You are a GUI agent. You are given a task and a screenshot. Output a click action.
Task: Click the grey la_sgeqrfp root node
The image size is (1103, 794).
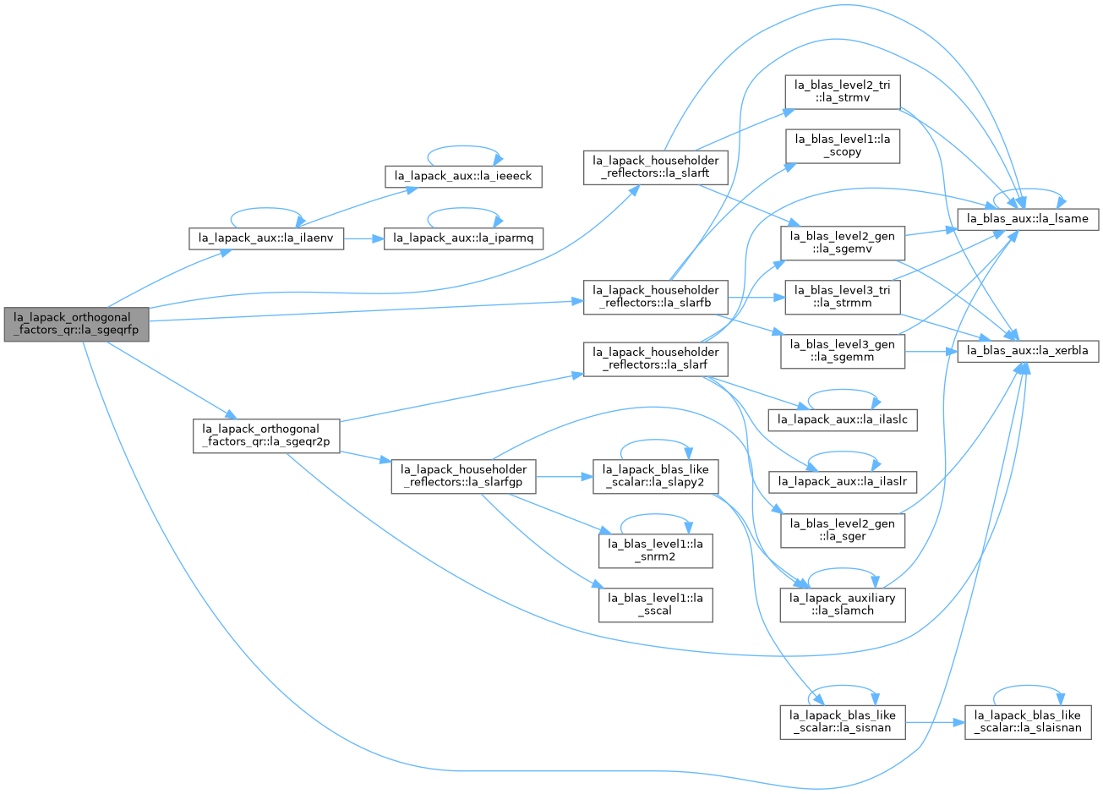(76, 324)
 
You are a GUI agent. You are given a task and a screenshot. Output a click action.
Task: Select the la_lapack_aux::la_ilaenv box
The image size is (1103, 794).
(266, 238)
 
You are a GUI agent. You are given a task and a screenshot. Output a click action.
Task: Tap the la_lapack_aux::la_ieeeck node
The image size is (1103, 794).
(463, 177)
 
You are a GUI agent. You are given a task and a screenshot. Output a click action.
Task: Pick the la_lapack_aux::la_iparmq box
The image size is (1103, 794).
(463, 238)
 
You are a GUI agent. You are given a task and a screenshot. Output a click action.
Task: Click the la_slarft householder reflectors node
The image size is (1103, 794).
(655, 167)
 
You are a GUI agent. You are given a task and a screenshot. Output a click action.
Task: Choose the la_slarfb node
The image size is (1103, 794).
(655, 297)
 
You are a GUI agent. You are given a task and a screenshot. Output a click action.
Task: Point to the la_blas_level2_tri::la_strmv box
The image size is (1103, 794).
(843, 91)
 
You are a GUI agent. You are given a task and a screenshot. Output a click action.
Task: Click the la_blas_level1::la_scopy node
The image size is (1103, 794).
(843, 145)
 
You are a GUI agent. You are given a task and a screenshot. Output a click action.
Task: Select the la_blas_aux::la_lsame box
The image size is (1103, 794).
(1028, 219)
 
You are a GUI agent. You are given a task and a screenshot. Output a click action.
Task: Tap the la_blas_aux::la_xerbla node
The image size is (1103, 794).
(1028, 351)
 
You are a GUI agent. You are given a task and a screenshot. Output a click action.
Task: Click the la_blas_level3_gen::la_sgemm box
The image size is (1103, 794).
(843, 351)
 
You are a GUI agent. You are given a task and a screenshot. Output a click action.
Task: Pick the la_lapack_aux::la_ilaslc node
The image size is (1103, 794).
(843, 419)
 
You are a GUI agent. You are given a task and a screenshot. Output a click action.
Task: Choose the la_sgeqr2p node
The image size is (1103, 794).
(266, 436)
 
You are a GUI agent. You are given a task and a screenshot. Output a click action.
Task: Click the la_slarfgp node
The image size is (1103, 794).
(463, 476)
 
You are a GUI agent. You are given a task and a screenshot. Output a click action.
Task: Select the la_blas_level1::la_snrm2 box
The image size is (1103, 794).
(655, 550)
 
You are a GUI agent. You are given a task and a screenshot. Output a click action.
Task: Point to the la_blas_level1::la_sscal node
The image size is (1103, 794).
(655, 605)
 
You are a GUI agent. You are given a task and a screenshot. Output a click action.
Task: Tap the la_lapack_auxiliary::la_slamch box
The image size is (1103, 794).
(843, 605)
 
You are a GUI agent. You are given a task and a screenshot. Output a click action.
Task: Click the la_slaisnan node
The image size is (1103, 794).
(1028, 723)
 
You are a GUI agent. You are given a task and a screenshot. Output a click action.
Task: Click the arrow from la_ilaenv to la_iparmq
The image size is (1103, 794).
(364, 239)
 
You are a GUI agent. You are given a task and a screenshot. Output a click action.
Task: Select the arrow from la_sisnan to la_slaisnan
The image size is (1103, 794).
(935, 723)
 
